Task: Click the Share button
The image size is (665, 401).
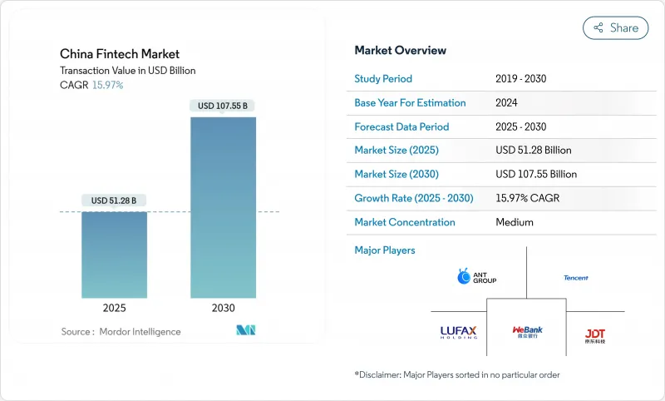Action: [615, 27]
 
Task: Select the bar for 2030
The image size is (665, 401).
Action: [223, 207]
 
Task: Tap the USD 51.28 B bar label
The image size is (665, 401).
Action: [115, 200]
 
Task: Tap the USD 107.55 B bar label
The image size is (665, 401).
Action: [223, 106]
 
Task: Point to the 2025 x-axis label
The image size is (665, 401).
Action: [115, 308]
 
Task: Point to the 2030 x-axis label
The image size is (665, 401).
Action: [223, 308]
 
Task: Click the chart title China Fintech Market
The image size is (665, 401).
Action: [120, 54]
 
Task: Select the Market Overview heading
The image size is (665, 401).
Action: [400, 51]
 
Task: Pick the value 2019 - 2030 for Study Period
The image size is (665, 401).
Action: [520, 79]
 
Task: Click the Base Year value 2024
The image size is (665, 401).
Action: [507, 103]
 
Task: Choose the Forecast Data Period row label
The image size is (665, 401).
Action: [401, 127]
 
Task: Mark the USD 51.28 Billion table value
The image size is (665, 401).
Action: [533, 151]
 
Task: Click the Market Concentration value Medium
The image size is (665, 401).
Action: [514, 222]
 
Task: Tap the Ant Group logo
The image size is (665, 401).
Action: [477, 277]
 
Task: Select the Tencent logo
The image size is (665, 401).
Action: [575, 278]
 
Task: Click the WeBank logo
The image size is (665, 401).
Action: [527, 332]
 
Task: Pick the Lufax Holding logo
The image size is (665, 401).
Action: [458, 332]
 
